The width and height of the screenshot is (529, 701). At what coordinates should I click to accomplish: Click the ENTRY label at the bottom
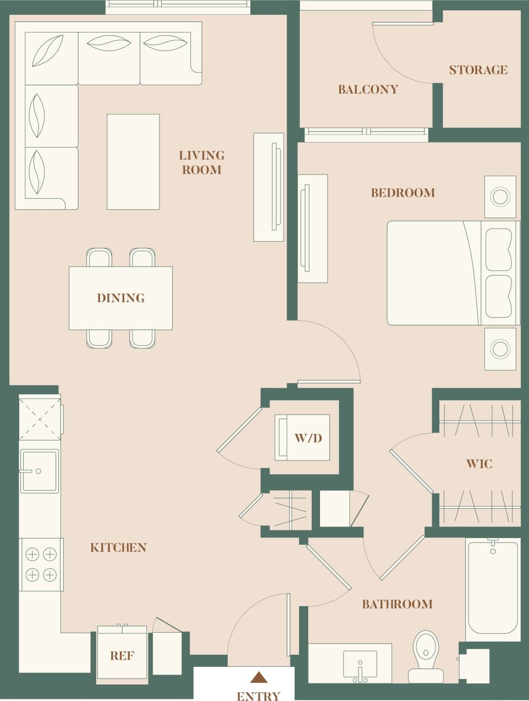(258, 696)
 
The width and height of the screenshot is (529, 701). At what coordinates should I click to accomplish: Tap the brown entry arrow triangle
(258, 677)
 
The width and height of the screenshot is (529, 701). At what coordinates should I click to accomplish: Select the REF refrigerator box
(122, 655)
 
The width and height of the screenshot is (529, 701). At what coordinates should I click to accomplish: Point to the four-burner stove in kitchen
(41, 564)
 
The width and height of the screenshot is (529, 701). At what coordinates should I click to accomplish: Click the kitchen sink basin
(39, 471)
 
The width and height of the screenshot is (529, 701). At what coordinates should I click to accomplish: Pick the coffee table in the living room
(133, 162)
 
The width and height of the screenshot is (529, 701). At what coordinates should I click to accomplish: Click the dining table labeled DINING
(120, 298)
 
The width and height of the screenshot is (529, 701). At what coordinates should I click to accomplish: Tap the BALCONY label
(368, 89)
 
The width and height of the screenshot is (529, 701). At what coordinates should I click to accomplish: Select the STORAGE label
(478, 70)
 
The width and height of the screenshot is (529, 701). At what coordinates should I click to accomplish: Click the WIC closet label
(479, 464)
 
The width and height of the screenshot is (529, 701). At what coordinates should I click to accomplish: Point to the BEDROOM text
(403, 193)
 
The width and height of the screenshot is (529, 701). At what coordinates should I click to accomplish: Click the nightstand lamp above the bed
(500, 197)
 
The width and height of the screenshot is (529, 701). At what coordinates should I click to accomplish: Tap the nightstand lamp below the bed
(500, 349)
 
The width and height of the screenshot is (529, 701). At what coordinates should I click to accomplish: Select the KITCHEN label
(118, 547)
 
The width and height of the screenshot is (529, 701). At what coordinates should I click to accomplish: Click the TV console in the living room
(269, 187)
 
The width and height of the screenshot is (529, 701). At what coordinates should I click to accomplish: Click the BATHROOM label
(397, 604)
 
